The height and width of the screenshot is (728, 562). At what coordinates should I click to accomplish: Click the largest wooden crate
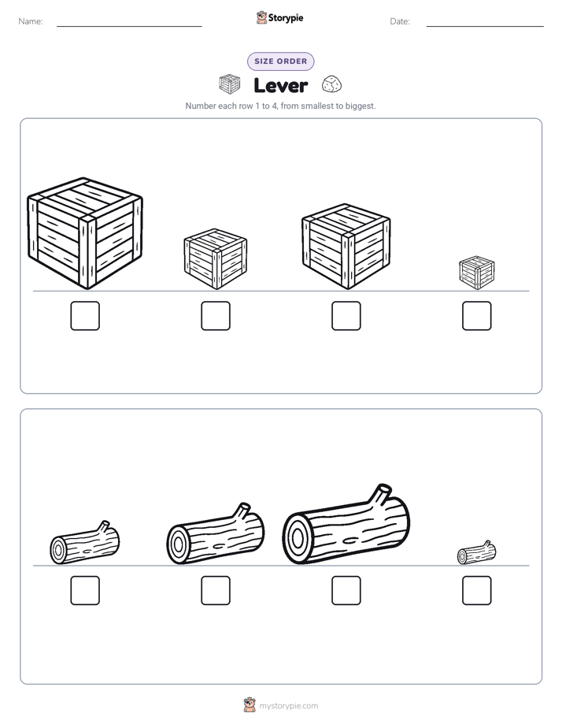pos(85,233)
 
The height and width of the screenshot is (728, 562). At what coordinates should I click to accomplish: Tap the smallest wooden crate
pos(477,273)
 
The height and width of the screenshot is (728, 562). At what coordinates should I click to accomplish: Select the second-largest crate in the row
pos(346,246)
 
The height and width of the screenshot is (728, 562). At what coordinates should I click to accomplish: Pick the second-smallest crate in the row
pos(216,258)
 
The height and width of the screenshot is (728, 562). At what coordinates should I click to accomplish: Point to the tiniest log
pos(477,553)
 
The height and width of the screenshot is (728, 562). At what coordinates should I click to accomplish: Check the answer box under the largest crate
pos(85,316)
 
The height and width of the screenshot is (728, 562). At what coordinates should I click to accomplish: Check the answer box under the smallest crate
pos(477,316)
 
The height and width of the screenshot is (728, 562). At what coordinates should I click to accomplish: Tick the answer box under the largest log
pos(346,591)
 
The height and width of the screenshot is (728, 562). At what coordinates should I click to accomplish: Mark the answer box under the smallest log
pos(477,591)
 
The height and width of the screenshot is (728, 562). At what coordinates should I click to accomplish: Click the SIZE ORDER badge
pos(280,61)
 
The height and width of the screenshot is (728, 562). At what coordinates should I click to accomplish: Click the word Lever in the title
pos(280,85)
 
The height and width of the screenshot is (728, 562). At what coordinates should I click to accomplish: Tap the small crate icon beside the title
pos(230,84)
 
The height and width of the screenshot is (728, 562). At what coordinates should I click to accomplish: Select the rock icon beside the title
pos(331,84)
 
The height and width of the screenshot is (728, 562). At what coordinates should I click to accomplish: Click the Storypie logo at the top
pos(279,17)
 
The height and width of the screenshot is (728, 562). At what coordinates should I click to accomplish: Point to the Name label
pos(31,21)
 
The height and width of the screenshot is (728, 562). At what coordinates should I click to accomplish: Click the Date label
pos(400,21)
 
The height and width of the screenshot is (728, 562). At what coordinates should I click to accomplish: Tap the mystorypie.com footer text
pos(288,706)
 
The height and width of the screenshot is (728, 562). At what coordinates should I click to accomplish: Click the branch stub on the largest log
pos(381,494)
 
